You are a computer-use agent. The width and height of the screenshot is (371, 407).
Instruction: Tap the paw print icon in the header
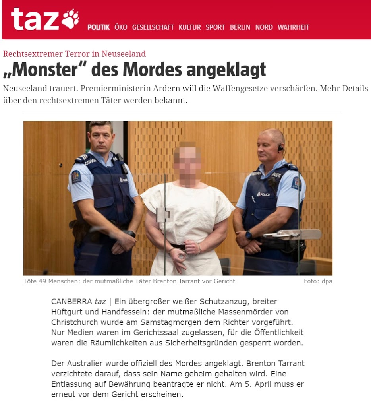click(x=70, y=19)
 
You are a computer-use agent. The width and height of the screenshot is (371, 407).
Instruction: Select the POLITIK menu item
click(x=99, y=27)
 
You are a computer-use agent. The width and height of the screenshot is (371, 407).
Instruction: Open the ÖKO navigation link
click(x=121, y=27)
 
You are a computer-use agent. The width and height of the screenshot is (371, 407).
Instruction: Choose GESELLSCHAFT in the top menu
click(x=153, y=27)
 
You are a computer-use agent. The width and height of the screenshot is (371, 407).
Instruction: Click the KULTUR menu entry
click(x=189, y=27)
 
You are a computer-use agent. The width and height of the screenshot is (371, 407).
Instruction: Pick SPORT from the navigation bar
click(x=215, y=27)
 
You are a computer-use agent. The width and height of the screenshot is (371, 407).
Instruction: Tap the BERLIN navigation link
click(x=240, y=27)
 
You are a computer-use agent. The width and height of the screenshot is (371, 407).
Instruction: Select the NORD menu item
click(x=264, y=27)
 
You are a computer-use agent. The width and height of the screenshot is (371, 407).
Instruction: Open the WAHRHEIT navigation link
click(x=293, y=27)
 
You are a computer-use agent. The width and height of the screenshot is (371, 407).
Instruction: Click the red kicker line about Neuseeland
click(x=74, y=54)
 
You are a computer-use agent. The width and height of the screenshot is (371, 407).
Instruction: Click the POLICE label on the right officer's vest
click(x=263, y=194)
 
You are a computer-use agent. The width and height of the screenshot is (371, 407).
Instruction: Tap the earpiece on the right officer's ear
click(x=280, y=148)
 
